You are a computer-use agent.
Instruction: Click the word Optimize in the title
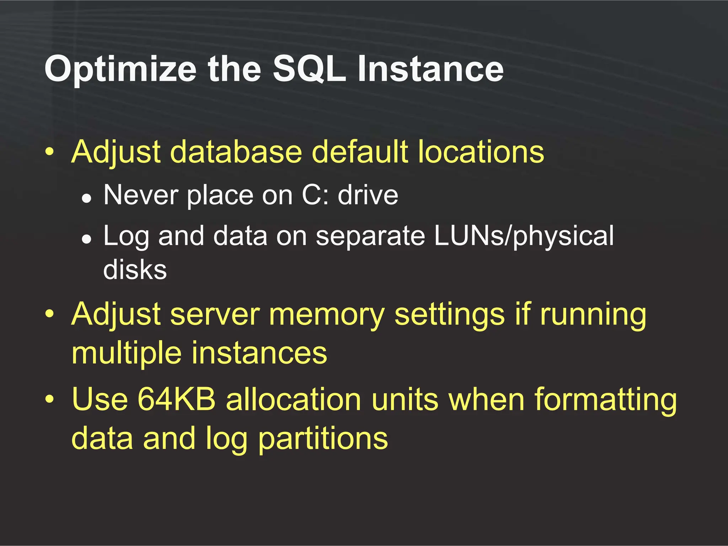pyautogui.click(x=120, y=69)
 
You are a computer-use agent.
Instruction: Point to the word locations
pyautogui.click(x=481, y=152)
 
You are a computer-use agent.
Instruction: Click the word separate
pyautogui.click(x=370, y=236)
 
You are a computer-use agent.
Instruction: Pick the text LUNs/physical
pyautogui.click(x=524, y=236)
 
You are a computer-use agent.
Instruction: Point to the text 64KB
pyautogui.click(x=176, y=399)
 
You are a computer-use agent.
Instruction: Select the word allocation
pyautogui.click(x=294, y=399)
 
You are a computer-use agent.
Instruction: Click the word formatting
pyautogui.click(x=605, y=400)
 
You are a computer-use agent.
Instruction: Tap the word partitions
pyautogui.click(x=323, y=439)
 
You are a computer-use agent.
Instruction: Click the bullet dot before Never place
pyautogui.click(x=86, y=198)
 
